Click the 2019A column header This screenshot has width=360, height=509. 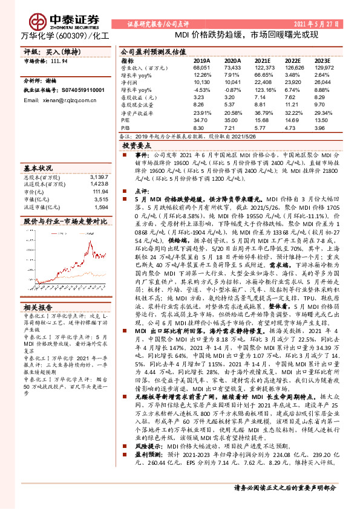[201, 61]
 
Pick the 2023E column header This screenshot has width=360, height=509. [322, 61]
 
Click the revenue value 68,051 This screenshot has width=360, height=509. [201, 68]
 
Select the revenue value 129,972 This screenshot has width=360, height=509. [322, 68]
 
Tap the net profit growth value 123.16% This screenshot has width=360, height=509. [263, 89]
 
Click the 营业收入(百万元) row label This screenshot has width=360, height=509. [143, 68]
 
